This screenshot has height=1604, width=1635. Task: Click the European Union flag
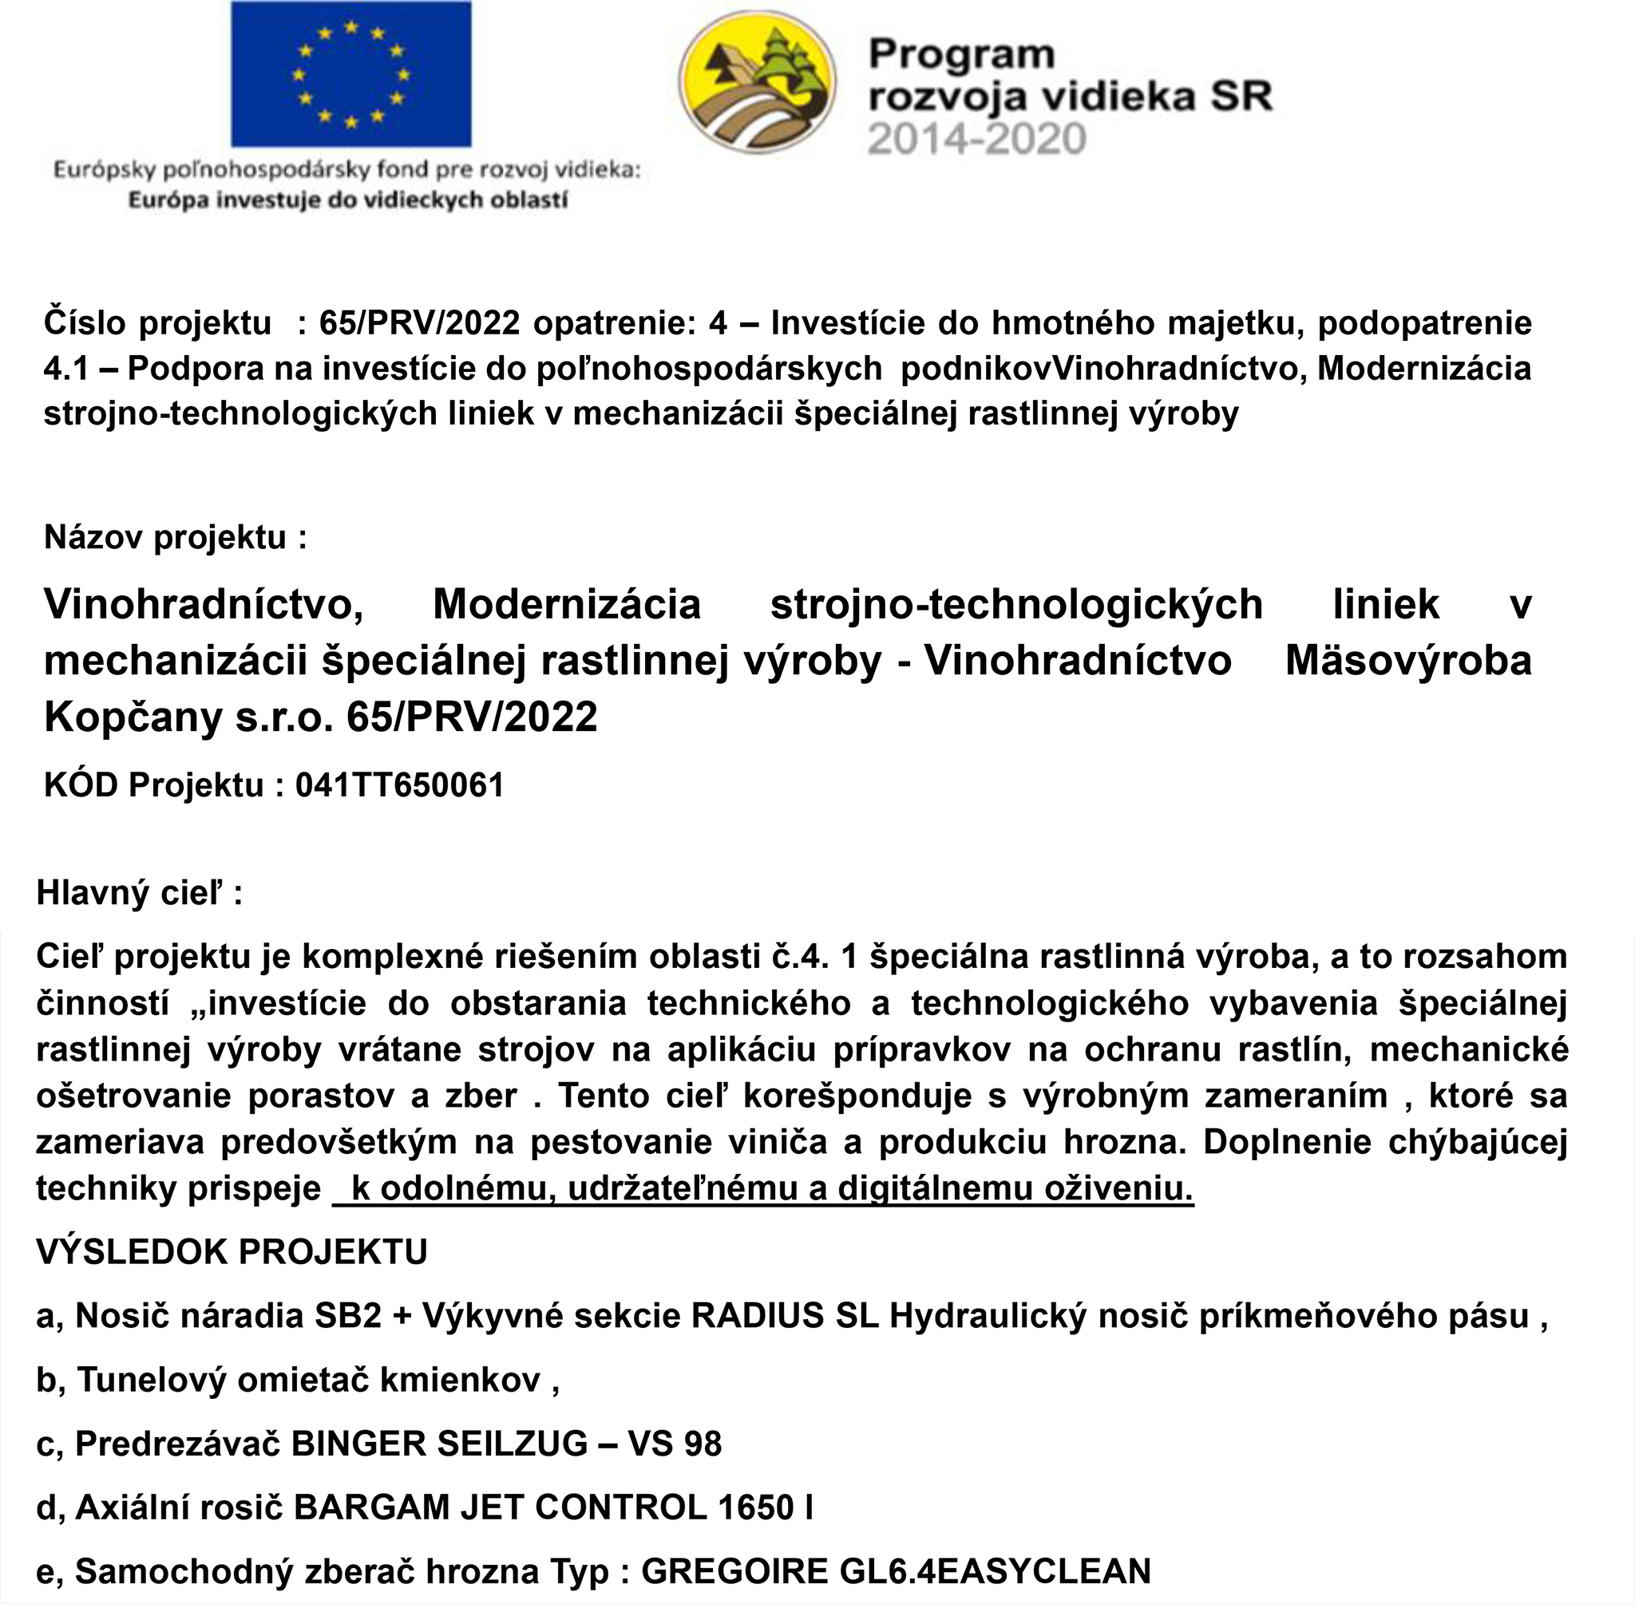[350, 74]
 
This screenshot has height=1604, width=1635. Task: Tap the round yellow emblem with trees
[758, 87]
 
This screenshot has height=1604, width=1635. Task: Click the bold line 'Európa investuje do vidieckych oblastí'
[347, 200]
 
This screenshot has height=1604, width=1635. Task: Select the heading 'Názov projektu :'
[176, 536]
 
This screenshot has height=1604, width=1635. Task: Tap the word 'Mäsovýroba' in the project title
[1407, 661]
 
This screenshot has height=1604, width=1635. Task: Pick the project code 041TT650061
[399, 785]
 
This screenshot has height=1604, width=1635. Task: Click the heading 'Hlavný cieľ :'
[139, 893]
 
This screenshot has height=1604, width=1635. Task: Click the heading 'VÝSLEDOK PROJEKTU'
[232, 1252]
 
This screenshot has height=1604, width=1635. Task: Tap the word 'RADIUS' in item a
[757, 1316]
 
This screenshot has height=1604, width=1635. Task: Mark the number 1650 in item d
[756, 1507]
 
